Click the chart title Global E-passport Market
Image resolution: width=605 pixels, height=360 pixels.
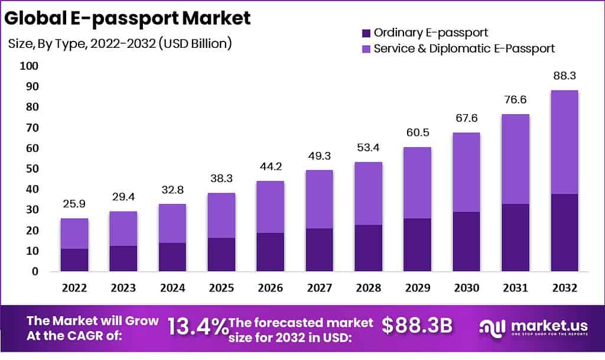click(128, 18)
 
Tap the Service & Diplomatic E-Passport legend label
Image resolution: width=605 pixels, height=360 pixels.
click(464, 48)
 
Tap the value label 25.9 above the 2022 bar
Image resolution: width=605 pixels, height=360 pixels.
click(74, 204)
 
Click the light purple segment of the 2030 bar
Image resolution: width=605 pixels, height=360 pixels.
click(465, 172)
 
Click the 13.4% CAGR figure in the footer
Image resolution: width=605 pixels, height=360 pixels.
click(197, 326)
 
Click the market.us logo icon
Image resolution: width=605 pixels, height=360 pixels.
click(492, 327)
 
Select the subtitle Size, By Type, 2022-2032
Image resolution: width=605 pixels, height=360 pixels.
click(119, 43)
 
